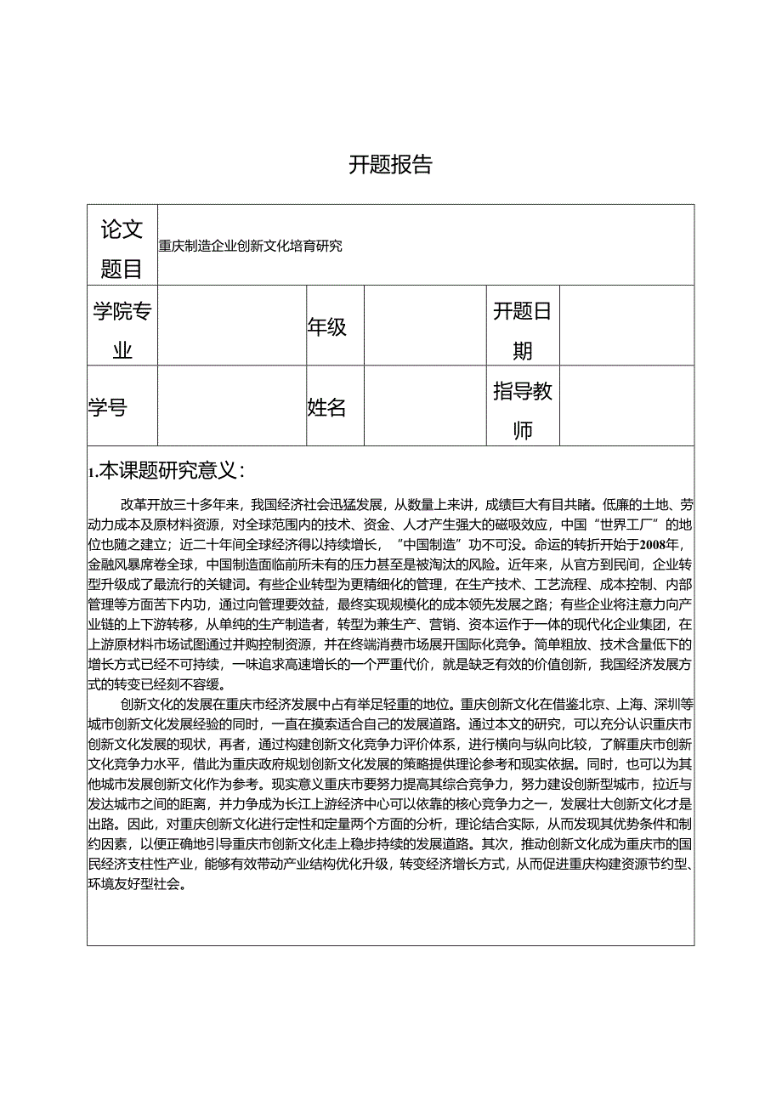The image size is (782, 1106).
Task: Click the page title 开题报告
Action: (390, 165)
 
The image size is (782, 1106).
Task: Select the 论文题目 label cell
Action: (122, 247)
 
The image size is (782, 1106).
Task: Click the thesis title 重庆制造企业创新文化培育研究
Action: (250, 247)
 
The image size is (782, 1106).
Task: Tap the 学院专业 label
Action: (122, 330)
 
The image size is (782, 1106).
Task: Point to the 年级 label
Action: (327, 326)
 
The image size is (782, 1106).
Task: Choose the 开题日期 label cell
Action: (522, 330)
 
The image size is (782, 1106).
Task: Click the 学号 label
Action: (107, 407)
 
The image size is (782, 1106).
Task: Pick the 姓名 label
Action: (327, 407)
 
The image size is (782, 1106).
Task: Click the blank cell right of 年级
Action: (425, 326)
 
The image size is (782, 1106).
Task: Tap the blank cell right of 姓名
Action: (425, 407)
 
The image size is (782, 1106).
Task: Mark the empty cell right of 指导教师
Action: (626, 407)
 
